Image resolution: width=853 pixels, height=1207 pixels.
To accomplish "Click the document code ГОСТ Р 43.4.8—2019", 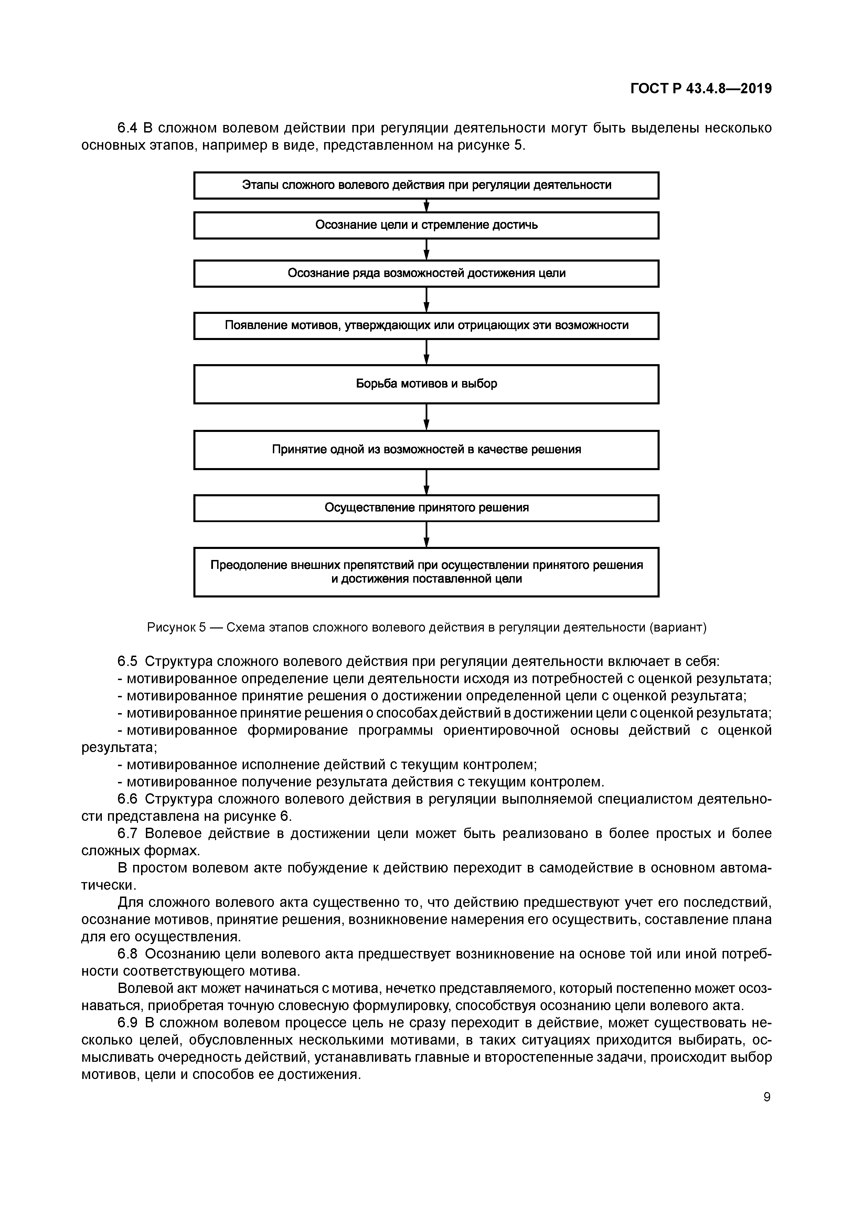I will tap(701, 89).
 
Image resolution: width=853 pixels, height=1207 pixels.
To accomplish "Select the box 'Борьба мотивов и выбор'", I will tap(426, 384).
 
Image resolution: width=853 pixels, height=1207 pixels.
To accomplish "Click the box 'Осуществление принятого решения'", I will tap(426, 508).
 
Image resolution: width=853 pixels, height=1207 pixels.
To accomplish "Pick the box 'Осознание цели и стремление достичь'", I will tap(426, 225).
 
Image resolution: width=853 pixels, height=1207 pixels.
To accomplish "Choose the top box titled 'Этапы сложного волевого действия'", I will tap(426, 186).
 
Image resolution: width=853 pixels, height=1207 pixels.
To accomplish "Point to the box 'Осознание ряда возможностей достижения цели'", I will tap(426, 273).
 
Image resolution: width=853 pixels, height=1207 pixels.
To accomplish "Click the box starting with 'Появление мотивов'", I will tap(426, 326).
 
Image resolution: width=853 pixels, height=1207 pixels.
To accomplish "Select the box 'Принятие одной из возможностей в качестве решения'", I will tap(426, 450).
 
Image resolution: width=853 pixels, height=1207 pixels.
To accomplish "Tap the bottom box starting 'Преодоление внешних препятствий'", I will tap(426, 572).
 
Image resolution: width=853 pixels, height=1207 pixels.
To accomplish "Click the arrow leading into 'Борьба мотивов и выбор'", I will tap(426, 352).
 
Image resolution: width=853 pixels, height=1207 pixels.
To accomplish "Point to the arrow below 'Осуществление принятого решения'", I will tap(426, 534).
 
